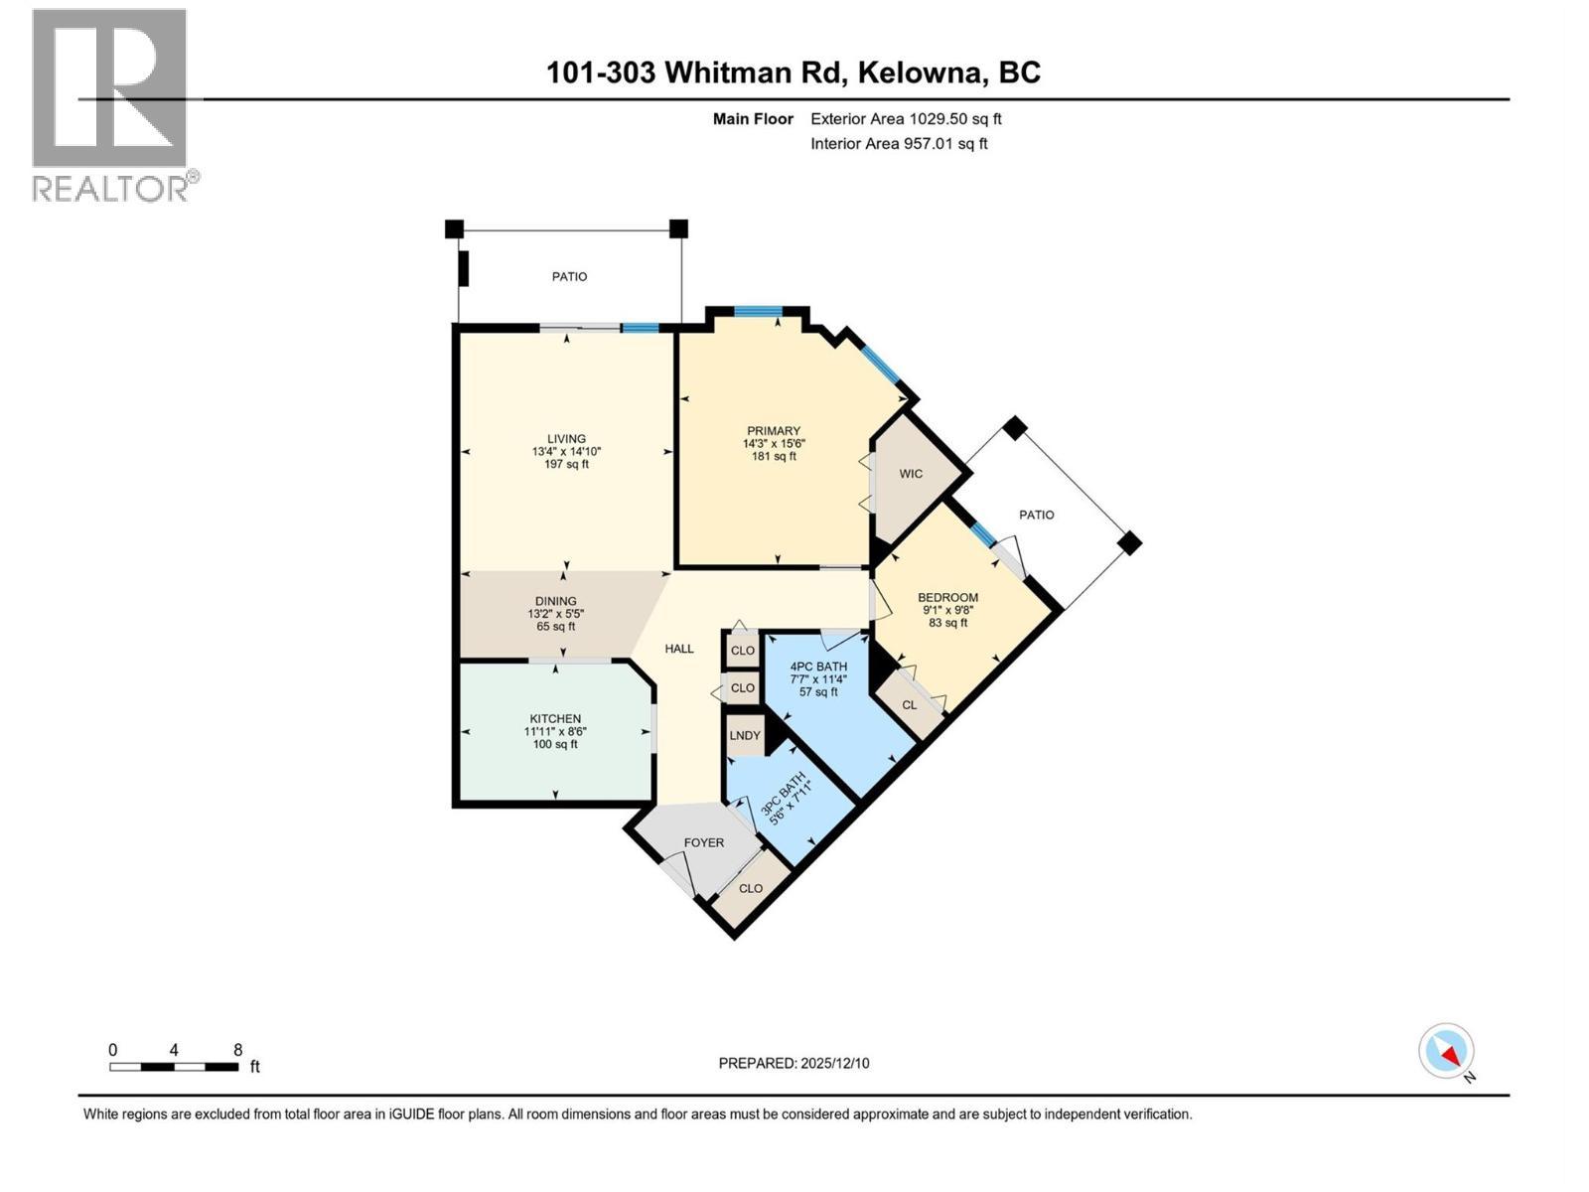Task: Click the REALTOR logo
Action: [110, 104]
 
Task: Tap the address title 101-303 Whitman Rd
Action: [793, 73]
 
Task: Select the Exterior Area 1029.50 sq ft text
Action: [906, 119]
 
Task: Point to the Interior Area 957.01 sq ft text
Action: [899, 143]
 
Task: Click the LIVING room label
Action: [566, 439]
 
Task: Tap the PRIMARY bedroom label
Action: [774, 431]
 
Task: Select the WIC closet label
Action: [911, 474]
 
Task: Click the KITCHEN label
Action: [555, 719]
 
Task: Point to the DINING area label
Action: [555, 601]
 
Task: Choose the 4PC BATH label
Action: [818, 667]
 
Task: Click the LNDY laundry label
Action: [745, 736]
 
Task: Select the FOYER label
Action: [704, 842]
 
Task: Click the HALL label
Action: [679, 649]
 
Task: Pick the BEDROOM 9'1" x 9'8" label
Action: [947, 598]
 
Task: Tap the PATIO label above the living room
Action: [569, 277]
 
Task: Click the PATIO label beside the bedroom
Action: [1036, 515]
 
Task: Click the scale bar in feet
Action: [174, 1067]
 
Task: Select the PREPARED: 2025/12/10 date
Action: [794, 1063]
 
